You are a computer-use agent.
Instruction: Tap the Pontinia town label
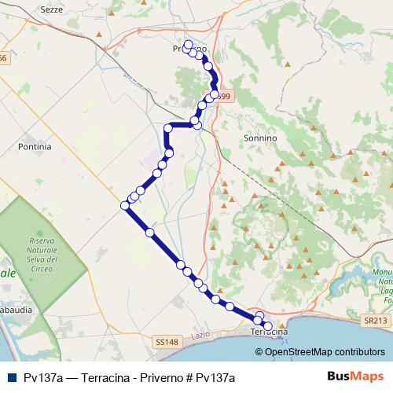(x=35, y=146)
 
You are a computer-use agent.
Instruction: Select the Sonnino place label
(x=262, y=138)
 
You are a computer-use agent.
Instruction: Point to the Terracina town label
(x=269, y=332)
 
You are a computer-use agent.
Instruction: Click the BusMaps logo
(x=350, y=378)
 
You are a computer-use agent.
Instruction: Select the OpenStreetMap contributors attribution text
(x=325, y=352)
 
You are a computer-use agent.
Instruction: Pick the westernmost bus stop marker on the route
(x=124, y=206)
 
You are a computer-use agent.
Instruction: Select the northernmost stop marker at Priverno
(x=188, y=44)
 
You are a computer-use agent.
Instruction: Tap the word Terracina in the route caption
(x=97, y=378)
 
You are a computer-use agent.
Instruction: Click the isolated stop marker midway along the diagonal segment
(x=149, y=233)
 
